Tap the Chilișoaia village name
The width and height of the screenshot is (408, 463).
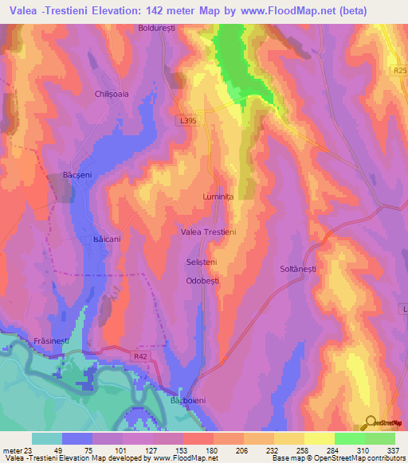point(112,93)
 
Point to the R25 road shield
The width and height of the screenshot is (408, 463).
point(399,71)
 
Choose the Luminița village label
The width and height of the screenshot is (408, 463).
point(218,195)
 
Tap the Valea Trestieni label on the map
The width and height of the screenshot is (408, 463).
point(209,231)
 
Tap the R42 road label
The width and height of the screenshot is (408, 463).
point(140,357)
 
